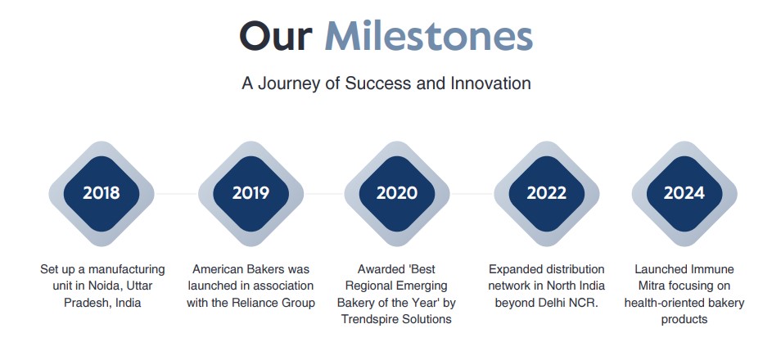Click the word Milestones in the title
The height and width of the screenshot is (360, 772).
click(x=428, y=35)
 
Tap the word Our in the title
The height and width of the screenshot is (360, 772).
click(x=276, y=36)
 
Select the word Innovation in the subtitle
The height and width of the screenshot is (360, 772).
click(x=491, y=83)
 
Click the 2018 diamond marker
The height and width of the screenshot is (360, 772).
click(x=102, y=193)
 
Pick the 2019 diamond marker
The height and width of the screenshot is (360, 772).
click(x=251, y=193)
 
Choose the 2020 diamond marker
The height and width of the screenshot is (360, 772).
click(x=397, y=193)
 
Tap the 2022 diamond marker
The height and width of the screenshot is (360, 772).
click(x=547, y=193)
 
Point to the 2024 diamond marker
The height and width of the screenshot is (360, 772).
click(x=684, y=193)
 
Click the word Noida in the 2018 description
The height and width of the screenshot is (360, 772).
click(x=94, y=286)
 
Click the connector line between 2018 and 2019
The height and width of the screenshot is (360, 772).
click(x=176, y=194)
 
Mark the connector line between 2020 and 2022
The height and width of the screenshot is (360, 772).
click(x=472, y=194)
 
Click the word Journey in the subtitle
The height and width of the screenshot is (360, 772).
click(x=290, y=83)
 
